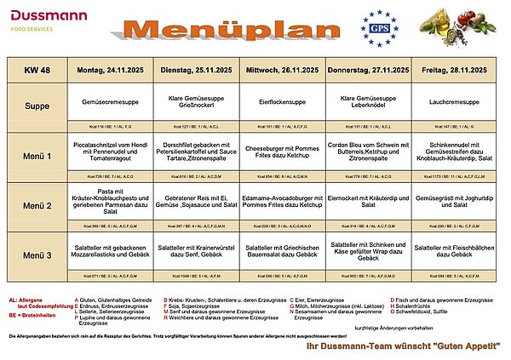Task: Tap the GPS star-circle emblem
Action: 379,29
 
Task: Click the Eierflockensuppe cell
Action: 285,100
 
